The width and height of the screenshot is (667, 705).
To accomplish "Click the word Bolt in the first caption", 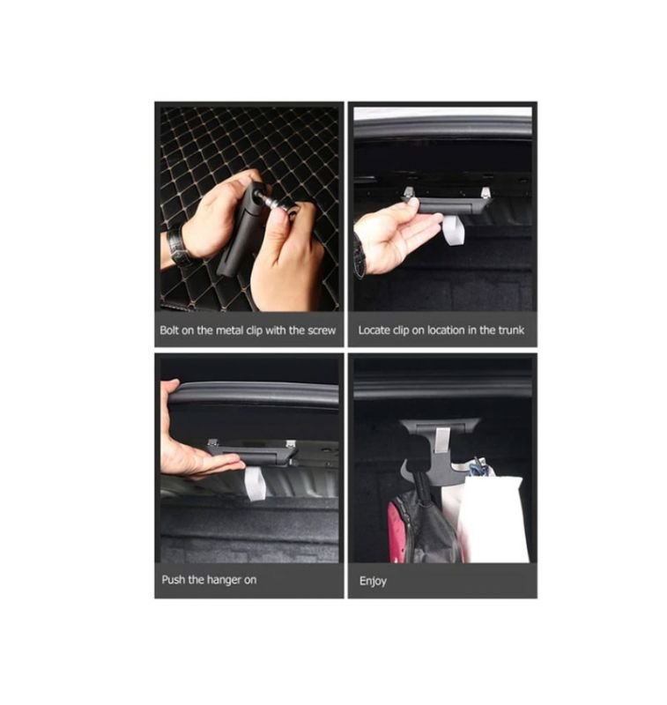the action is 169,330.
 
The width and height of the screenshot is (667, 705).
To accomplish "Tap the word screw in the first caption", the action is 322,330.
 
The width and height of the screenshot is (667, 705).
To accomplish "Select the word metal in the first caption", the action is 229,330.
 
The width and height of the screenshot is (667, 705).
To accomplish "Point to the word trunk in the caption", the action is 511,330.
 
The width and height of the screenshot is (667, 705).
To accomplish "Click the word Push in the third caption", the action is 173,580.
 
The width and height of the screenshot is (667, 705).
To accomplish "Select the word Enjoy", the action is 373,581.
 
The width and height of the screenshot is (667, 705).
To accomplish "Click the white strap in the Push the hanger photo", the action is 255,483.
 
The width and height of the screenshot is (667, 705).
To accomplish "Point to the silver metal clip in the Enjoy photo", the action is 442,444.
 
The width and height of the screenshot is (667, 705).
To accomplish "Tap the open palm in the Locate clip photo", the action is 396,236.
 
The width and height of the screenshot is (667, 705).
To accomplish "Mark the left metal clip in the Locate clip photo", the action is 410,192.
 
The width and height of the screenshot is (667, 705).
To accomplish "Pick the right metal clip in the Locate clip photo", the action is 485,192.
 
